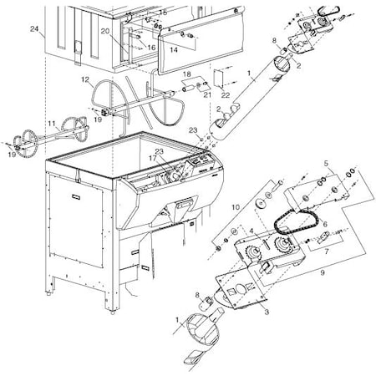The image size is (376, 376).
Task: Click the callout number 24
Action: point(33,29)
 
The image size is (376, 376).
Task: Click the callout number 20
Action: point(105,30)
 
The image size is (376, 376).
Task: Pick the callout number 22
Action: point(226,96)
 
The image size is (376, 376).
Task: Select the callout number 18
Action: point(187,74)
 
